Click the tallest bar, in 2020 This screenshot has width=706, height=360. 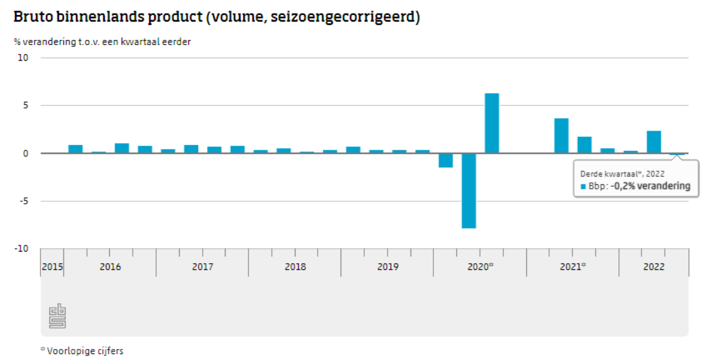click(x=492, y=123)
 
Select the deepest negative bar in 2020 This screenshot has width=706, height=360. click(x=469, y=190)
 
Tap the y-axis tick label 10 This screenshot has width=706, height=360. click(x=24, y=57)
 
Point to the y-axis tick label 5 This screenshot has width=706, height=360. click(x=26, y=105)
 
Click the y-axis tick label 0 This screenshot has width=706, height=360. click(x=26, y=153)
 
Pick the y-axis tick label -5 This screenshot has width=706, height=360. click(x=24, y=201)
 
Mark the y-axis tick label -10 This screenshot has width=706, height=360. click(x=22, y=249)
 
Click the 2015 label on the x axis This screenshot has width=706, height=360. click(x=52, y=267)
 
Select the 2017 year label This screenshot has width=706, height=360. click(x=203, y=267)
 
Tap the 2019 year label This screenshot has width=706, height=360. click(x=388, y=267)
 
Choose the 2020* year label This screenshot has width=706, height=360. click(x=480, y=267)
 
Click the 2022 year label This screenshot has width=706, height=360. click(x=654, y=267)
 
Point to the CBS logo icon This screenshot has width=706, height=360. click(x=58, y=316)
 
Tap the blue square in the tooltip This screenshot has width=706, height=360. click(x=583, y=186)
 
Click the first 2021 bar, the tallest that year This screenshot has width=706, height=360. click(x=561, y=136)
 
